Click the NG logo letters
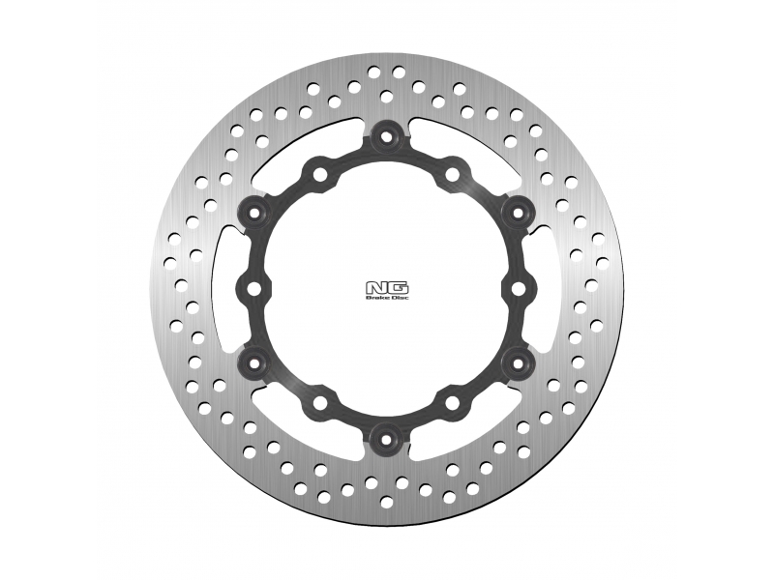click(x=387, y=287)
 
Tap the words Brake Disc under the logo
click(x=387, y=298)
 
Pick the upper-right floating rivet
click(x=518, y=212)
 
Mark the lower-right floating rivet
click(x=518, y=363)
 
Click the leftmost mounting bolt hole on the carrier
click(x=253, y=288)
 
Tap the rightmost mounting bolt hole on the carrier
click(x=519, y=288)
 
